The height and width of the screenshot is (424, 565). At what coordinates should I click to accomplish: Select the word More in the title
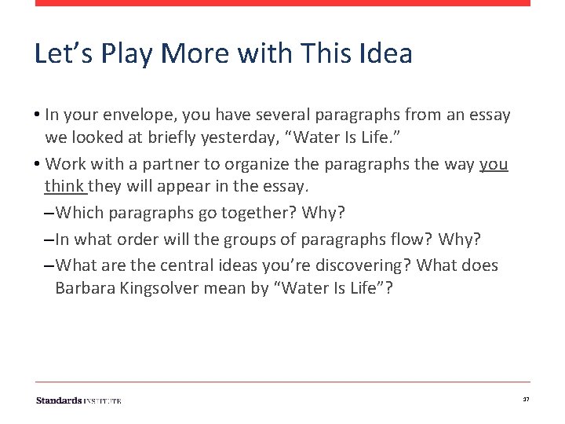(x=191, y=54)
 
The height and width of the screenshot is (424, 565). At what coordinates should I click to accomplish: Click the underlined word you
(x=494, y=164)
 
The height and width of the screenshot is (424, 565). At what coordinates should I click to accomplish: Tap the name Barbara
(x=86, y=289)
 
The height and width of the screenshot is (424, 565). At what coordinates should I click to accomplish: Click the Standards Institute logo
(x=78, y=400)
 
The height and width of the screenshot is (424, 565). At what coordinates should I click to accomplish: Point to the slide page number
(x=526, y=400)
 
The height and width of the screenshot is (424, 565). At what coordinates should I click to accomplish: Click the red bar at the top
(x=282, y=3)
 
